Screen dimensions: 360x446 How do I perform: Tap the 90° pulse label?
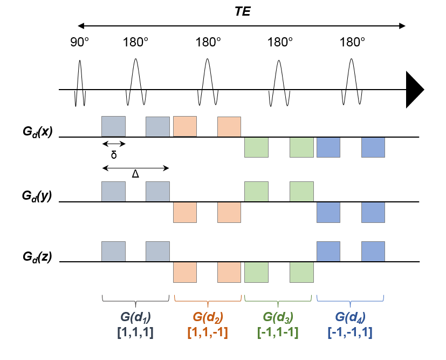tap(79, 42)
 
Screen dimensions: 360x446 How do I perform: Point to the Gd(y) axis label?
tap(37, 196)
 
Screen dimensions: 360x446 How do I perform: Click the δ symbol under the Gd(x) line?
tap(114, 155)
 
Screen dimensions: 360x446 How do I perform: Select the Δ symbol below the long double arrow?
tap(135, 174)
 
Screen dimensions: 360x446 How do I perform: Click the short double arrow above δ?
tap(114, 144)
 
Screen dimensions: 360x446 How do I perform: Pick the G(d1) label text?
tap(135, 317)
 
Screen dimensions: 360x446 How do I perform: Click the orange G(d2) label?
tap(208, 317)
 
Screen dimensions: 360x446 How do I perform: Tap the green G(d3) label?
tap(278, 317)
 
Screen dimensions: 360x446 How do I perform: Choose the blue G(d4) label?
tap(351, 317)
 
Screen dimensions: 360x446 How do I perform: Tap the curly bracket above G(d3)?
tap(278, 298)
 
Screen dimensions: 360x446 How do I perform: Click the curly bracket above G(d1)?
tap(135, 298)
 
